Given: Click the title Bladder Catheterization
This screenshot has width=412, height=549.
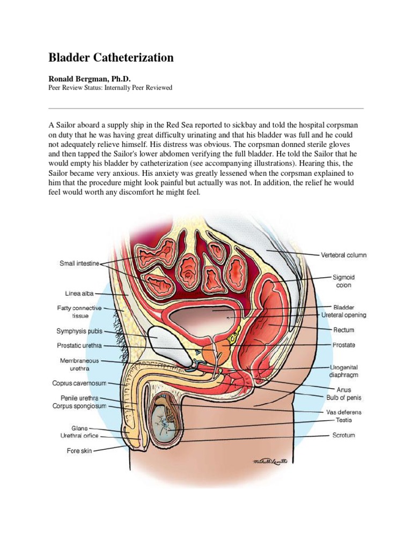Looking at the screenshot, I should click(111, 57).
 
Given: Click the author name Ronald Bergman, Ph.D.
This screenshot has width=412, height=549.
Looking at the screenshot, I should click(90, 78).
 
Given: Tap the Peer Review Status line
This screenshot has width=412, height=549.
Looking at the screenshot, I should click(111, 87).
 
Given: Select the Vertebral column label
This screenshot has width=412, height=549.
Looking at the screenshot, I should click(343, 255).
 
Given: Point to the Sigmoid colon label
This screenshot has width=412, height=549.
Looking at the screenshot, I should click(343, 281).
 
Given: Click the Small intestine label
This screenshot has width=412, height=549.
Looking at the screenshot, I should click(79, 263).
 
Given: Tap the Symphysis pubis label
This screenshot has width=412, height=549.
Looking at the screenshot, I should click(79, 331).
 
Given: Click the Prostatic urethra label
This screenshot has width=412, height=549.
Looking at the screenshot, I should click(79, 346).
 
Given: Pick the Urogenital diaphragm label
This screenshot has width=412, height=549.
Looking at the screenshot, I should click(344, 371).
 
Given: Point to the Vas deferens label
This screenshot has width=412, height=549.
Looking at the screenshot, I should click(344, 412).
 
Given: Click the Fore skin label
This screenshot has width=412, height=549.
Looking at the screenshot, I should click(79, 451).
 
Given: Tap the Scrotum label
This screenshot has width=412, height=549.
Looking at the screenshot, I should click(343, 435).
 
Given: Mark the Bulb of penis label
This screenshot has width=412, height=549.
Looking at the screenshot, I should click(344, 398).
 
